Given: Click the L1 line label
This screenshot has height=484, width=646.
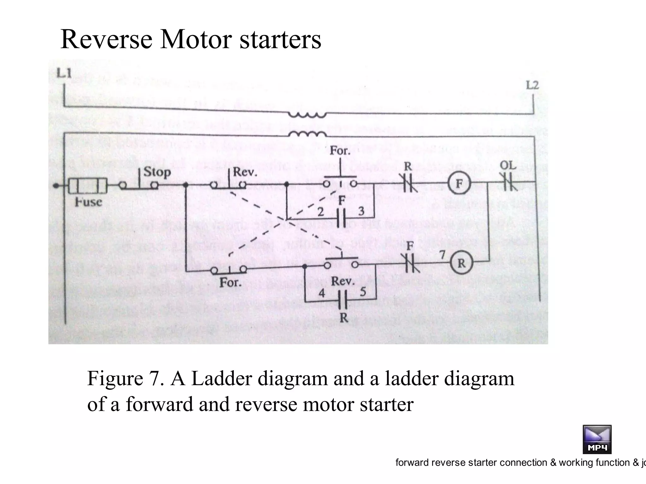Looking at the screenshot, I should tap(64, 73).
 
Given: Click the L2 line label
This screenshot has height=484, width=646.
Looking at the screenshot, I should tap(532, 85).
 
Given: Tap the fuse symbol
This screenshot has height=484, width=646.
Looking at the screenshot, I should tap(88, 186).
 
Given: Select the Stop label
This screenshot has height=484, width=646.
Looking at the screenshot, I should tap(157, 172).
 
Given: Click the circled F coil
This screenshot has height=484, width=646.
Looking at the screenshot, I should tap(459, 183).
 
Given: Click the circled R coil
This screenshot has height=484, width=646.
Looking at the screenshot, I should tap(461, 263).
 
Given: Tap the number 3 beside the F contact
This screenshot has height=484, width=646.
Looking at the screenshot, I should tap(361, 211).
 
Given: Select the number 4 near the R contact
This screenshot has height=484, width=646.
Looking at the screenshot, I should tap(321, 293).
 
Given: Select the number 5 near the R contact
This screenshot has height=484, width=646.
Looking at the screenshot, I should tap(363, 292).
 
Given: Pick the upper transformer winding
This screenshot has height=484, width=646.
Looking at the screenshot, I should tap(307, 115).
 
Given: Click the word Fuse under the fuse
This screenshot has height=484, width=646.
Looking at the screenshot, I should tap(89, 202).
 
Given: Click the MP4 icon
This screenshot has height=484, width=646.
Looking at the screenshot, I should tap(597, 439).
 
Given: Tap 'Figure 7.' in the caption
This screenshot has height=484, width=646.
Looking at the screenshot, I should tap(126, 378).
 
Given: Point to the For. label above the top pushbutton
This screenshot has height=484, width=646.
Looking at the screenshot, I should tap(340, 151).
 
